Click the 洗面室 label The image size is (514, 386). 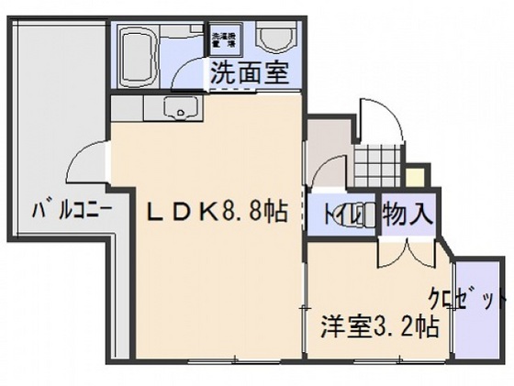tap(248, 74)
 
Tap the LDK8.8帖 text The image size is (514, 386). tap(218, 212)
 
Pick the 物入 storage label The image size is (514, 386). tap(407, 216)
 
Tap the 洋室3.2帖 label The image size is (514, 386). tap(378, 325)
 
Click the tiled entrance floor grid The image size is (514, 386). tap(377, 164)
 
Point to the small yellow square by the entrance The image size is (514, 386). tap(417, 175)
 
